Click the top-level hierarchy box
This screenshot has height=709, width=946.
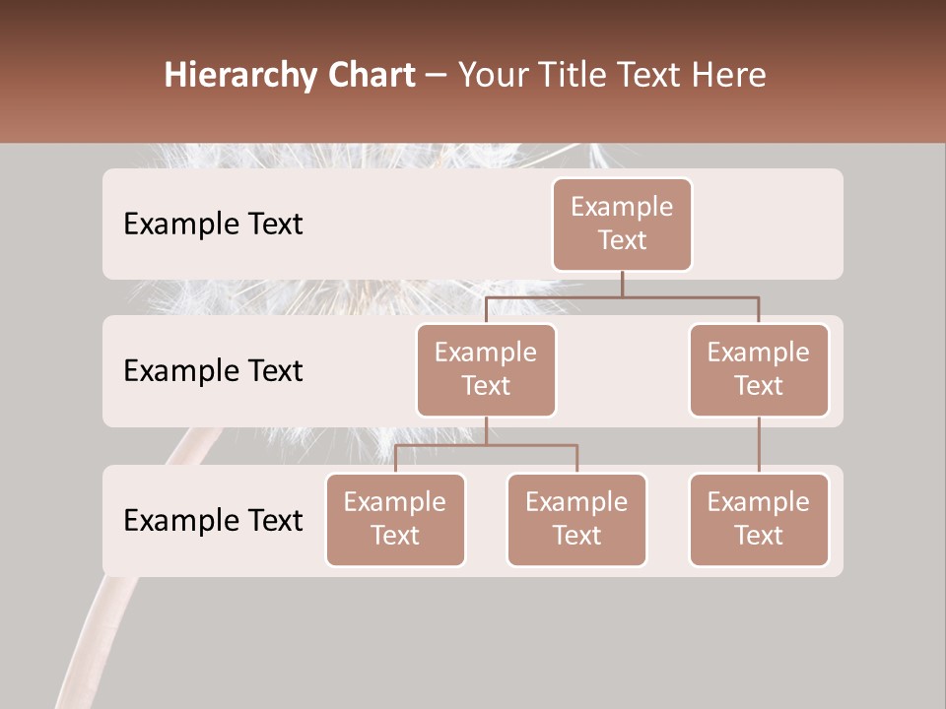click(622, 224)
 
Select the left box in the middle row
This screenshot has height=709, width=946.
click(486, 369)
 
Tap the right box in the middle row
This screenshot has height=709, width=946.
click(759, 369)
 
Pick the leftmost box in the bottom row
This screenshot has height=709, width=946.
click(395, 519)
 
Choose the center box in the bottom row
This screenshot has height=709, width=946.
click(576, 519)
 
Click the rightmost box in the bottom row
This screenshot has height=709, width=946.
click(759, 519)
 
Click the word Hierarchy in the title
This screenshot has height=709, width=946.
click(239, 75)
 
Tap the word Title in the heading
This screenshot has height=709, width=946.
click(579, 75)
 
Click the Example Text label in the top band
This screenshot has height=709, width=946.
click(213, 224)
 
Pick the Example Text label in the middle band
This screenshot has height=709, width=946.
click(213, 370)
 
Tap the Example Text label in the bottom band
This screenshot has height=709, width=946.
click(213, 520)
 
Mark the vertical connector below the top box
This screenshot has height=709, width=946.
click(622, 284)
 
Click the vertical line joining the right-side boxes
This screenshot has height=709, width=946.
click(759, 444)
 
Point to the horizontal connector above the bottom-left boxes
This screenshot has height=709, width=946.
click(486, 445)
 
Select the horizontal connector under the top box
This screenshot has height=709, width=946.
click(622, 296)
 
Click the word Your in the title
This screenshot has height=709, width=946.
click(491, 75)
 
